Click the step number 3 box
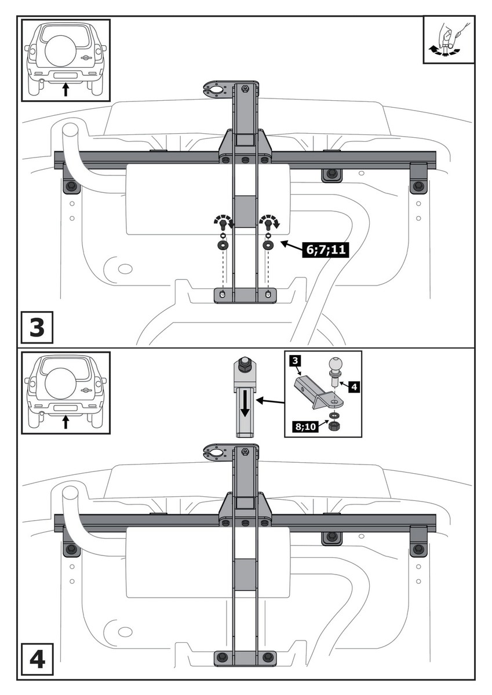pos(36,327)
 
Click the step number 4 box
pos(36,660)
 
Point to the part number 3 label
pos(294,361)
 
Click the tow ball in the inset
pos(336,366)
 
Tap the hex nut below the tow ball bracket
pos(334,427)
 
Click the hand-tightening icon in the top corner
pos(449,39)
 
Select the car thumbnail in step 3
pos(65,60)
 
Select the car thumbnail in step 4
pos(65,392)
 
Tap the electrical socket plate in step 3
pos(216,91)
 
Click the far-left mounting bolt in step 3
pos(71,186)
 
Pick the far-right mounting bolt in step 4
pos(418,548)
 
